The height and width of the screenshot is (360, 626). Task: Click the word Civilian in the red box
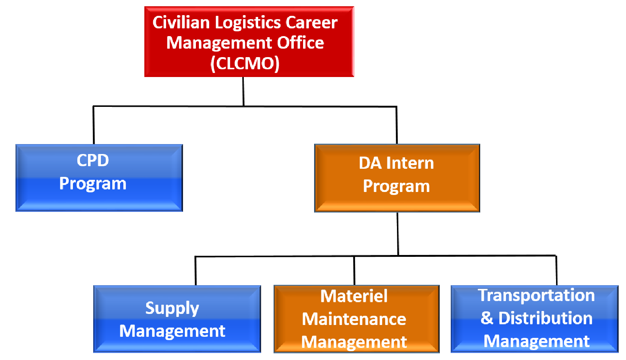point(181,22)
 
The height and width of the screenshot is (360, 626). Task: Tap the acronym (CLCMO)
point(245,63)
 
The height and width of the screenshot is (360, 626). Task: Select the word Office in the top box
point(300,43)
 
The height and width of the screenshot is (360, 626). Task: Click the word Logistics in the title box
point(247,23)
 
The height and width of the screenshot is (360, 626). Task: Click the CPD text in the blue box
point(93,160)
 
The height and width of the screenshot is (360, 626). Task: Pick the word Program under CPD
point(93,184)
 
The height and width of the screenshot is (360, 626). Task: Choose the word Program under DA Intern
point(396,186)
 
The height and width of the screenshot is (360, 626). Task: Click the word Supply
point(172,309)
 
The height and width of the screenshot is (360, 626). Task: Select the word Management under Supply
point(172,332)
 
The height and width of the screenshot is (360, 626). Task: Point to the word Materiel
point(354,296)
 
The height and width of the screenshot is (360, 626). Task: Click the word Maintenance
point(354,319)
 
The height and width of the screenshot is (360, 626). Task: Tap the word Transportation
point(536,295)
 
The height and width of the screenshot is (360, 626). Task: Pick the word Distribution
point(545,318)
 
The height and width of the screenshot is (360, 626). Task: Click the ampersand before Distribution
point(487,318)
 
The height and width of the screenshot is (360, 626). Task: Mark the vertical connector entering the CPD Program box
point(93,125)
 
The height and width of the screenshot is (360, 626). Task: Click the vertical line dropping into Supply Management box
point(195,271)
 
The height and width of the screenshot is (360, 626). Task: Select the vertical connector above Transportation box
point(556,270)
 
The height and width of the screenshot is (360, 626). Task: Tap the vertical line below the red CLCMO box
point(243,91)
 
